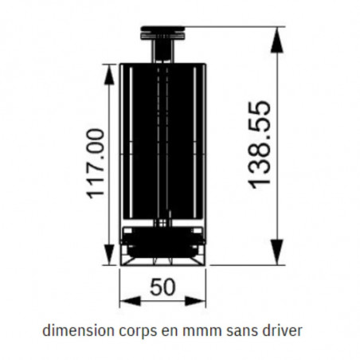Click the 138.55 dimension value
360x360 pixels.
point(260,145)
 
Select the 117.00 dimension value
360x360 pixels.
point(96,164)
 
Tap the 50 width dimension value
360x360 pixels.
point(162,287)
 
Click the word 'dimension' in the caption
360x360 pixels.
point(78,331)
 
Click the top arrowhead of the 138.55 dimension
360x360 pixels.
point(277,40)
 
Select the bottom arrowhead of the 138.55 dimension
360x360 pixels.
point(277,252)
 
